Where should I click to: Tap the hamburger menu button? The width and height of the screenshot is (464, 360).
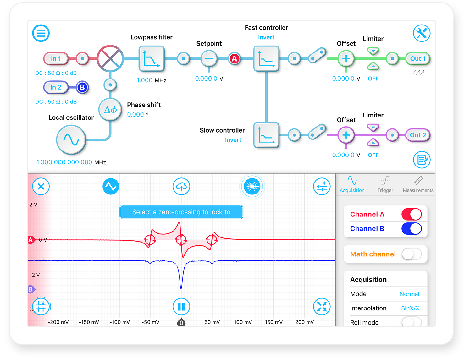click(x=41, y=33)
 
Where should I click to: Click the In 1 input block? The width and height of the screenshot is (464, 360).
click(x=56, y=59)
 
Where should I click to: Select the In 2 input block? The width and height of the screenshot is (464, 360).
click(x=56, y=87)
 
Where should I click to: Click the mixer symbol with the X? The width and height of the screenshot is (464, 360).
click(x=110, y=58)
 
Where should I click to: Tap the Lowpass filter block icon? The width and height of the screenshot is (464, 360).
click(x=152, y=58)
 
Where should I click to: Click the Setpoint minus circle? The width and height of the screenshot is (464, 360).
click(x=209, y=59)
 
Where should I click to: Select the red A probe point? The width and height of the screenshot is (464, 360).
click(x=235, y=59)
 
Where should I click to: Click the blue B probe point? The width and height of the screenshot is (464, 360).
click(x=82, y=87)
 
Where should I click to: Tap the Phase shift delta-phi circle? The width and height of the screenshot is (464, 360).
click(x=110, y=110)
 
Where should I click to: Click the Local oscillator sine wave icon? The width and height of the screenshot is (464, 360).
click(x=71, y=140)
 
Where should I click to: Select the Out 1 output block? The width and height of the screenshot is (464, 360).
click(x=418, y=59)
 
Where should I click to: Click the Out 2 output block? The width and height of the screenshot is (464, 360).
click(x=418, y=135)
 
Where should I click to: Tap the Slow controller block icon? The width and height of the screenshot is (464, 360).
click(x=266, y=135)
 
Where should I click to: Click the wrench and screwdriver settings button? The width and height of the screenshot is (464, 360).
click(x=422, y=33)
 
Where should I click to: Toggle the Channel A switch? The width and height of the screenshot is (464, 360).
click(x=411, y=214)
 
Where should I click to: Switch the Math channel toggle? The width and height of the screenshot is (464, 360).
click(x=411, y=254)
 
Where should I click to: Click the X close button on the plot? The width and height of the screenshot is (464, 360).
click(x=41, y=186)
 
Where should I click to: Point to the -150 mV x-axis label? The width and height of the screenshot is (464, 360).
click(x=89, y=322)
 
